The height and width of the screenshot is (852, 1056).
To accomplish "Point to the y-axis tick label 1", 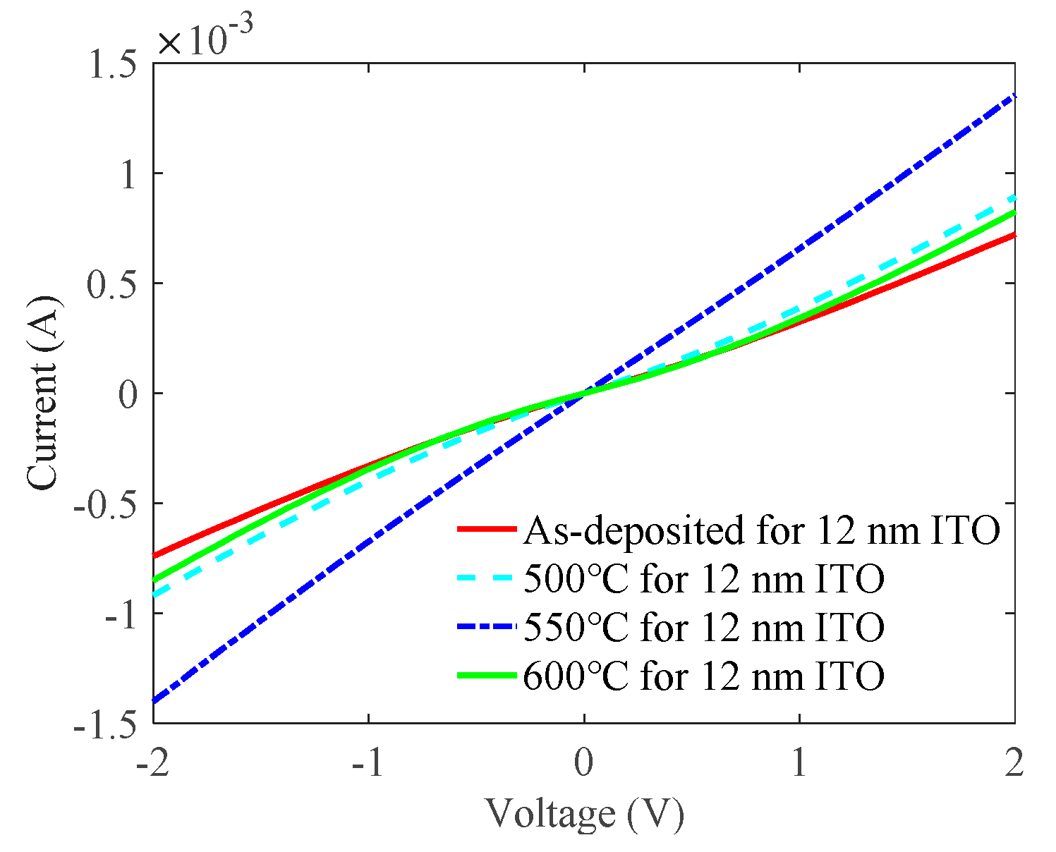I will (x=128, y=174).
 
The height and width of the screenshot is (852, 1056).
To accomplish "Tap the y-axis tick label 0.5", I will (x=109, y=284).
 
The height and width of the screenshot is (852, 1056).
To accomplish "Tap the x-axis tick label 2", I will (x=1014, y=764).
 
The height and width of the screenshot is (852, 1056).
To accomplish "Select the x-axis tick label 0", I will (x=583, y=764).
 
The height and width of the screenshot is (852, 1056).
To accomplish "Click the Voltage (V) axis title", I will (x=584, y=815).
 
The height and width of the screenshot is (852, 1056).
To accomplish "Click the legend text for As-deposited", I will (x=761, y=530).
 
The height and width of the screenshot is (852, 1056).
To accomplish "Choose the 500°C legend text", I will (x=703, y=580).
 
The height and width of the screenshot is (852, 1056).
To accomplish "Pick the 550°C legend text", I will (x=703, y=628).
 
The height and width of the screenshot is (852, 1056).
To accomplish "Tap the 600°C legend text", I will (x=703, y=676).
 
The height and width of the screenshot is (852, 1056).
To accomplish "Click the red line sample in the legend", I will (x=486, y=529).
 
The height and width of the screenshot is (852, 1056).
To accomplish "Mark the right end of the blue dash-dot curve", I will (x=1014, y=95).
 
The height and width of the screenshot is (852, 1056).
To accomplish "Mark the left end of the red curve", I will (x=154, y=556).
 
